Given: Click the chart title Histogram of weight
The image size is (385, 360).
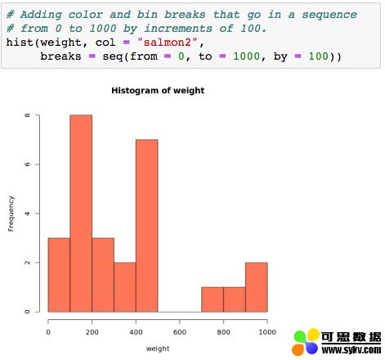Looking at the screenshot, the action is [x=158, y=91].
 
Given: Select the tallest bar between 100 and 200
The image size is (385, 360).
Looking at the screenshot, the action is [x=81, y=214].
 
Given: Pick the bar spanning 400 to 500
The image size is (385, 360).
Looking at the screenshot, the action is [x=147, y=226].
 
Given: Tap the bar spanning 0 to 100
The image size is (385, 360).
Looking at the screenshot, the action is [x=59, y=275].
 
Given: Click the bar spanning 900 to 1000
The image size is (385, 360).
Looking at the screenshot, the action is [x=257, y=287].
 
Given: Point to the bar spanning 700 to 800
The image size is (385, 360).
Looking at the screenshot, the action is [x=213, y=299].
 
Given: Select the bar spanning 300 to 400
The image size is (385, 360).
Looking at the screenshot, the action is [x=125, y=287].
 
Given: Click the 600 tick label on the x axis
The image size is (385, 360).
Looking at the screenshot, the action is [x=180, y=332].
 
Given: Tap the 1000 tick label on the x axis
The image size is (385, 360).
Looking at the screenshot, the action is [x=267, y=332].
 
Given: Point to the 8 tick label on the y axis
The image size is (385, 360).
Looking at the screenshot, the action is [x=27, y=115].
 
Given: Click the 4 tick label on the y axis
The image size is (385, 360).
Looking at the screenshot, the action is [x=27, y=214].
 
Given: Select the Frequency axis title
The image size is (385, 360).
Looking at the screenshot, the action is [x=11, y=214].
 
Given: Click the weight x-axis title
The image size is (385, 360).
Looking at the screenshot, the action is [x=158, y=349].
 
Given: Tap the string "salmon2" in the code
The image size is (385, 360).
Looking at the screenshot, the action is [x=168, y=43].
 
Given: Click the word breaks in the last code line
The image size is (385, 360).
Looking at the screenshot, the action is [x=60, y=56].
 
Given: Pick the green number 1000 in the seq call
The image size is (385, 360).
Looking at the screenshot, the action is [x=246, y=56].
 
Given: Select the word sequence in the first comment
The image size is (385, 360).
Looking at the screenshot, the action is [x=329, y=15].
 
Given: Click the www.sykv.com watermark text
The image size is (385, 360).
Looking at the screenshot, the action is [x=351, y=349].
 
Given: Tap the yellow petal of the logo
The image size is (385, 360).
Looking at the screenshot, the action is [x=313, y=335].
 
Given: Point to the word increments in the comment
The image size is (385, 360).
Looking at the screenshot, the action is [x=178, y=29].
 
